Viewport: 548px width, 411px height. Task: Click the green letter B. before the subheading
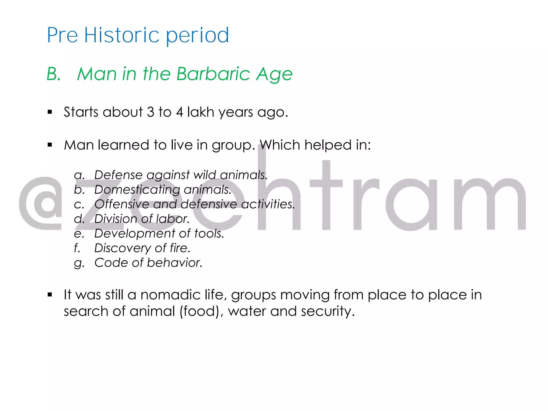click(54, 74)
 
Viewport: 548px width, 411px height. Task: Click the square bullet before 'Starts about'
click(50, 112)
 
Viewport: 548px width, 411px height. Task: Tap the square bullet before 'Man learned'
click(50, 145)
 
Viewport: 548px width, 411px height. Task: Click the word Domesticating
click(137, 190)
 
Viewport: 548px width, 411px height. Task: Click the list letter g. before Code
click(79, 263)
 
